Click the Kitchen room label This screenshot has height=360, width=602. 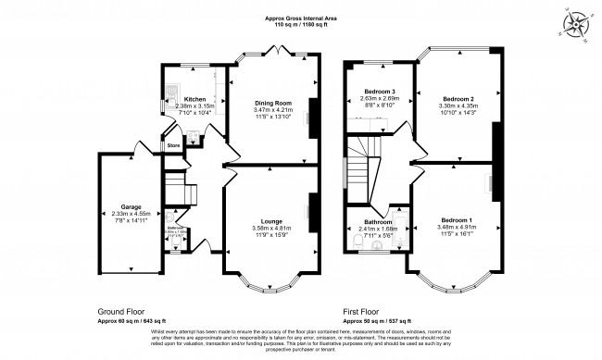click(x=194, y=99)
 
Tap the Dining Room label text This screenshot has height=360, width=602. click(x=273, y=103)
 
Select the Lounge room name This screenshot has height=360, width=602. click(x=271, y=221)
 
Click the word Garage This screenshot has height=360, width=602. click(x=117, y=208)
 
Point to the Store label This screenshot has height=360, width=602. click(x=172, y=145)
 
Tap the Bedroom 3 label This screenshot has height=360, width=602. click(x=380, y=93)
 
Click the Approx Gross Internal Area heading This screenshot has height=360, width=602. click(x=301, y=18)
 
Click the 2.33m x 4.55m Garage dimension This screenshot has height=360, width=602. click(x=117, y=215)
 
